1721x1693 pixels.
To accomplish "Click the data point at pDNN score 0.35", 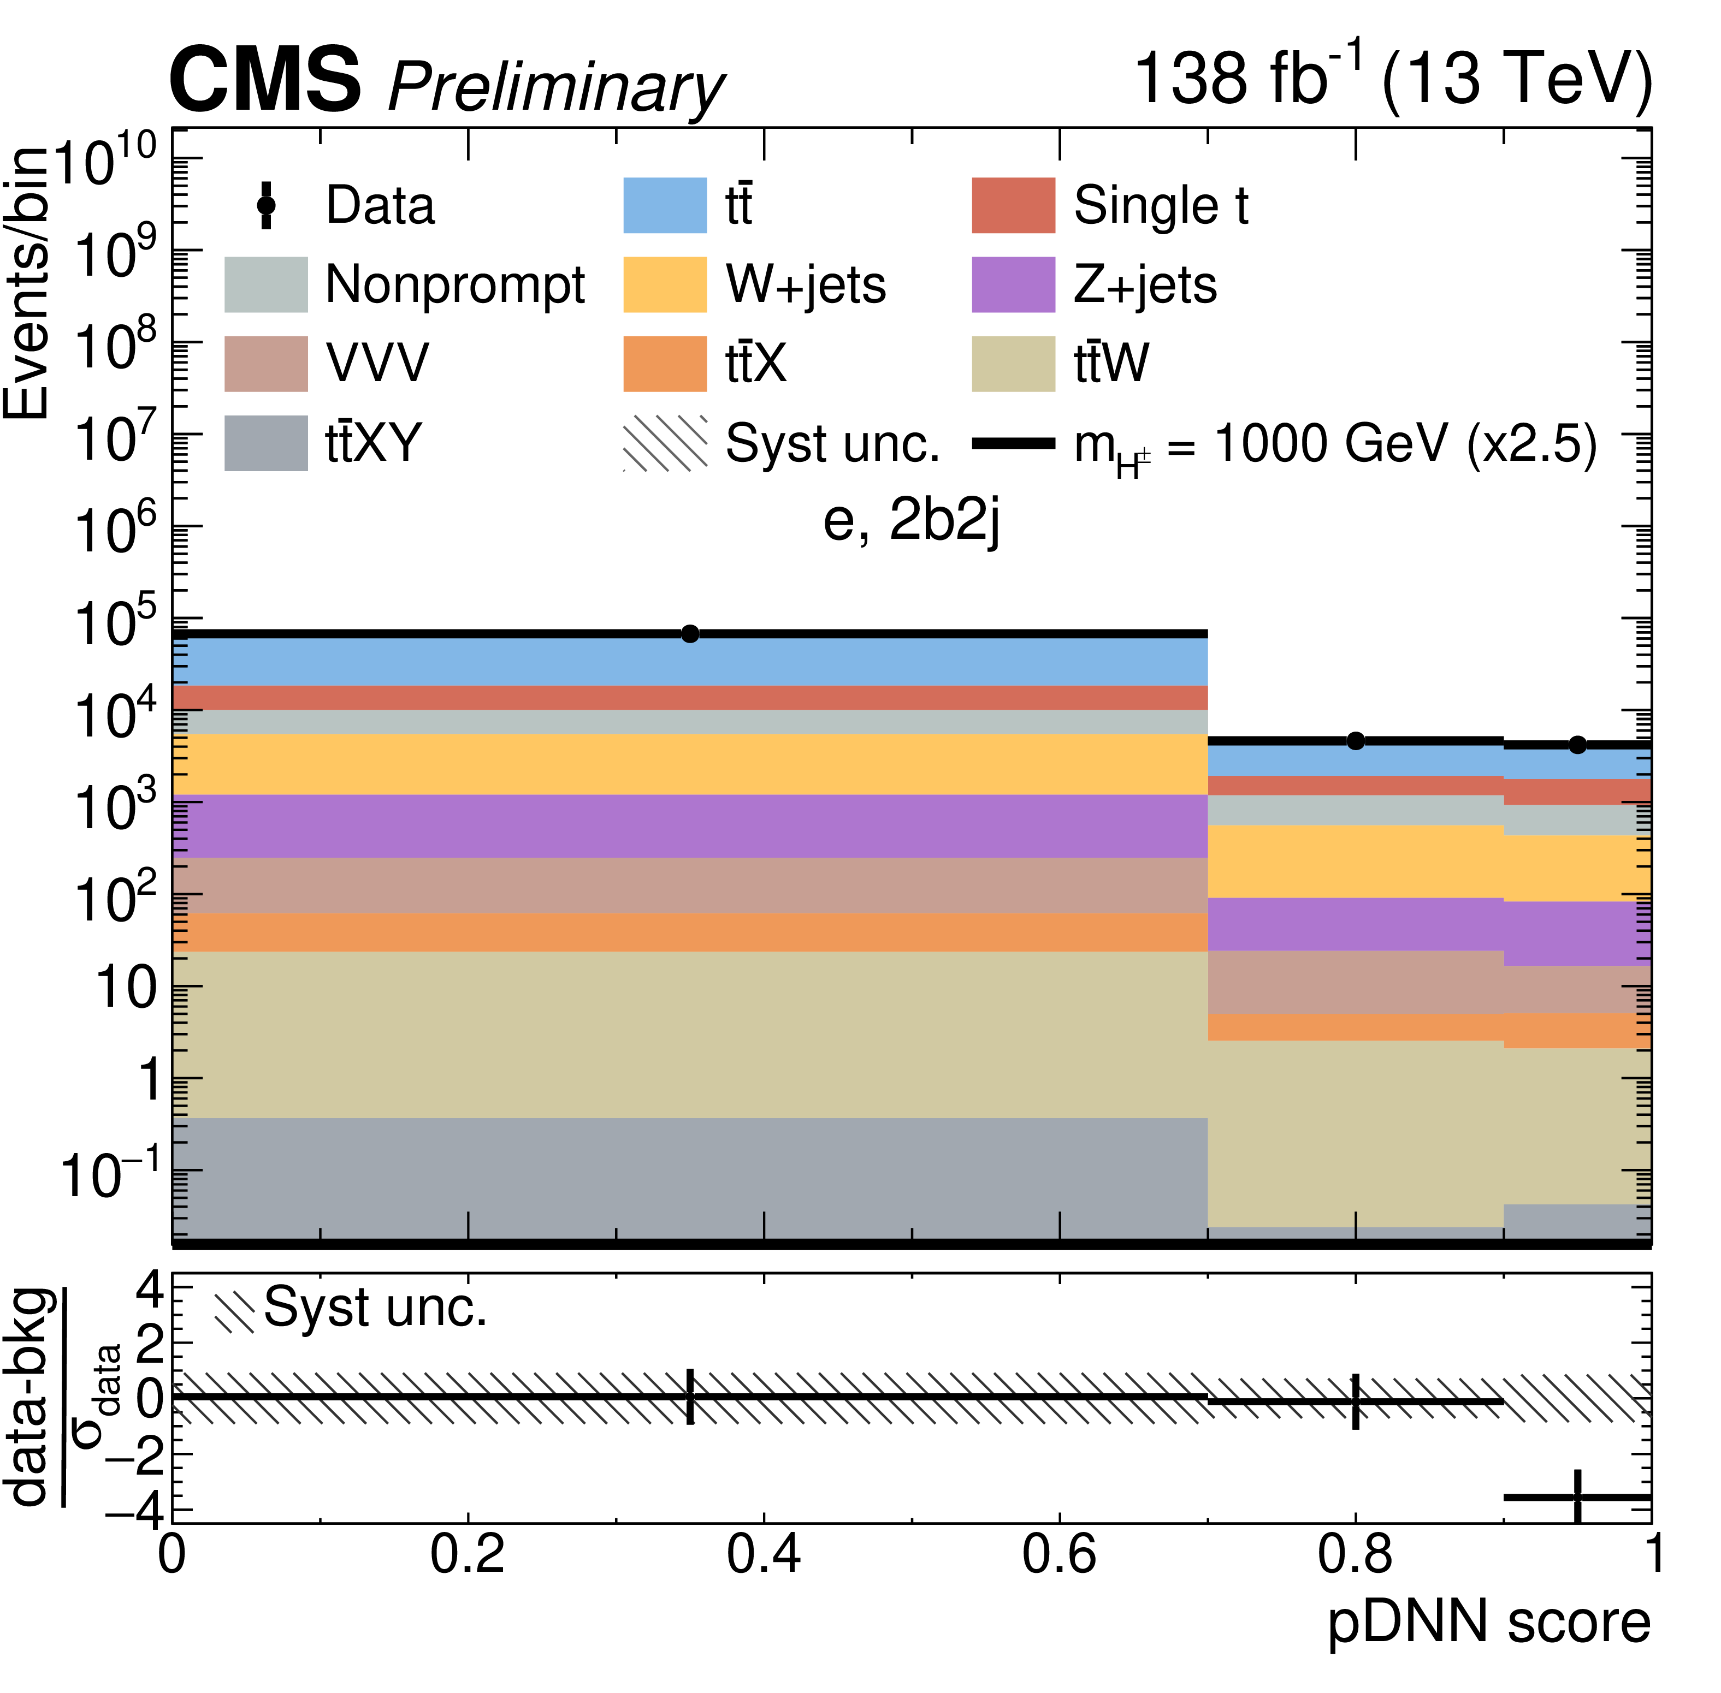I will [x=689, y=634].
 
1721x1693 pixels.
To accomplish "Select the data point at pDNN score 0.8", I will [x=1355, y=741].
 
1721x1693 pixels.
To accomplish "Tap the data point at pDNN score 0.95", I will [x=1577, y=745].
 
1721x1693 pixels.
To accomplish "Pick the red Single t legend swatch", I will [x=1013, y=205].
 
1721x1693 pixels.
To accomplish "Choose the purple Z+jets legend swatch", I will [x=1013, y=284].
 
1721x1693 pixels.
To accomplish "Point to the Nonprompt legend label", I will [x=454, y=284].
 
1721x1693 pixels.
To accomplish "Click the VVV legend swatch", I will [x=266, y=364].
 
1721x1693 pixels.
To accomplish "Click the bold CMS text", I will [x=265, y=80].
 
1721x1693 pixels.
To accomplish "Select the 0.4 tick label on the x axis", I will [x=763, y=1554].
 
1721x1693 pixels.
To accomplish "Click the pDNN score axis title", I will [x=1488, y=1622].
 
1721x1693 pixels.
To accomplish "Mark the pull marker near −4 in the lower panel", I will [x=1577, y=1498].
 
